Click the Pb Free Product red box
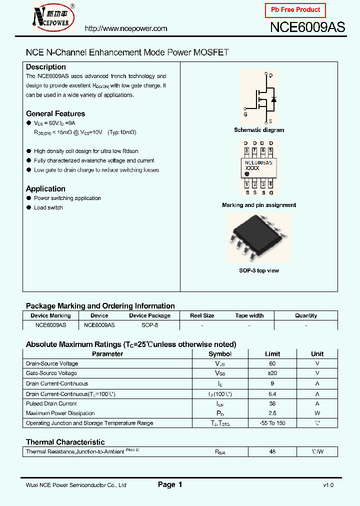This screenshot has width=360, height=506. pyautogui.click(x=295, y=10)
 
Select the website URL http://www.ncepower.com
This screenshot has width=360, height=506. pyautogui.click(x=126, y=28)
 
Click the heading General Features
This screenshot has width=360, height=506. pyautogui.click(x=55, y=113)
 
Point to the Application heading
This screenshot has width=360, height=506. pyautogui.click(x=45, y=188)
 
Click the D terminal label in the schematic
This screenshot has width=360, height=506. pyautogui.click(x=270, y=76)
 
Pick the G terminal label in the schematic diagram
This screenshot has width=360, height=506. pyautogui.click(x=245, y=114)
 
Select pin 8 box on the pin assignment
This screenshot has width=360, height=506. pyautogui.click(x=246, y=150)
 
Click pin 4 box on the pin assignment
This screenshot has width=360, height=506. pyautogui.click(x=270, y=185)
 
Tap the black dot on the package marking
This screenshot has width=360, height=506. pyautogui.click(x=247, y=174)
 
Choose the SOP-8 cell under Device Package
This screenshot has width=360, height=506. pyautogui.click(x=149, y=325)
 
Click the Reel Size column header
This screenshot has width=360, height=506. pyautogui.click(x=202, y=315)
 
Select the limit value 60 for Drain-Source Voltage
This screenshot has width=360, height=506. pyautogui.click(x=272, y=363)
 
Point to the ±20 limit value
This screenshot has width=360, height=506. pyautogui.click(x=272, y=373)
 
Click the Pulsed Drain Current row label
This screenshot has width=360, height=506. pyautogui.click(x=51, y=403)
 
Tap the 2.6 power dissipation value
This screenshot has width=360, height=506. pyautogui.click(x=272, y=413)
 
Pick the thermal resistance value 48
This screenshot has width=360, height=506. pyautogui.click(x=272, y=451)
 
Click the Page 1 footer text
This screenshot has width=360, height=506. pyautogui.click(x=170, y=484)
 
